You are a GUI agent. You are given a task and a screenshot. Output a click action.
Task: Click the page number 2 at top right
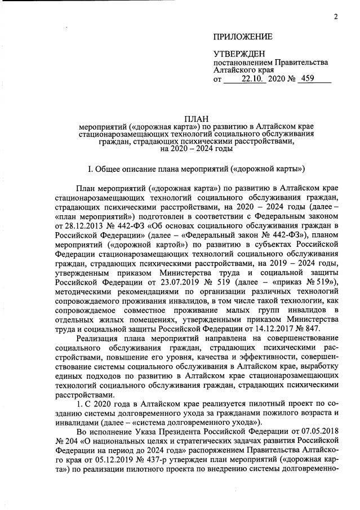[x=336, y=16]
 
